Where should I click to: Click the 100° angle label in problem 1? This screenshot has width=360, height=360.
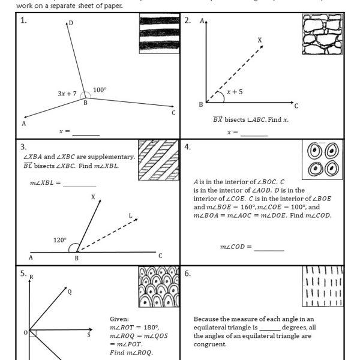click(100, 90)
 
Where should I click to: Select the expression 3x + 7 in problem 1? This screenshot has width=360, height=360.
click(67, 94)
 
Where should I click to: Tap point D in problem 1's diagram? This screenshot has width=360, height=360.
click(71, 23)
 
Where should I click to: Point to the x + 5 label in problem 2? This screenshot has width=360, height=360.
click(235, 92)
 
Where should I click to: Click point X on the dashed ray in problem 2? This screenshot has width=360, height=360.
click(260, 40)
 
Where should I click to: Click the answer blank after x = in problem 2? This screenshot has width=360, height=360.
click(253, 134)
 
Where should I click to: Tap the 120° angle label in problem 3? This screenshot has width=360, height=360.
click(59, 240)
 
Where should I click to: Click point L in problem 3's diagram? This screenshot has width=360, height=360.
click(130, 215)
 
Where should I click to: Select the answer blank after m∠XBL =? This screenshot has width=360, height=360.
click(80, 184)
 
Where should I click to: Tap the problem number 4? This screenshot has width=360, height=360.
click(187, 147)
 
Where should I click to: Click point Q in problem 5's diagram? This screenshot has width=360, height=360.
click(69, 292)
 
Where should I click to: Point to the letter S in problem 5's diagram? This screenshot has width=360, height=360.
click(89, 334)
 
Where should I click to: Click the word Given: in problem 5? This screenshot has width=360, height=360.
click(119, 319)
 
